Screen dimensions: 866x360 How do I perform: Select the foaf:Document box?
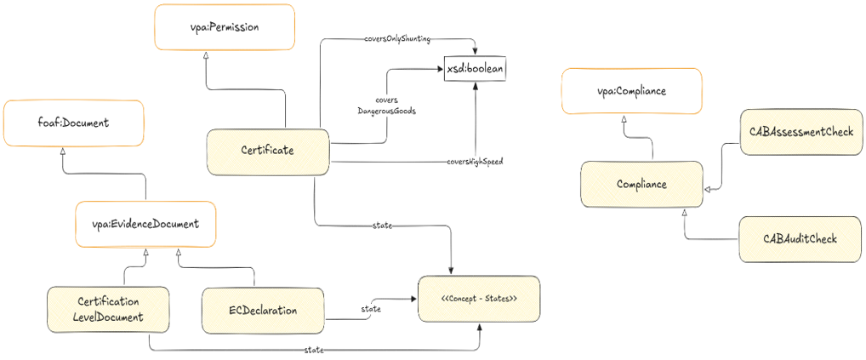[73, 123]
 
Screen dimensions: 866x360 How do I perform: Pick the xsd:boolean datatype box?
[475, 70]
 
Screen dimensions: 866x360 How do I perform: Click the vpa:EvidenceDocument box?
[145, 224]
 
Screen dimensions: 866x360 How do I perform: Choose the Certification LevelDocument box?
[108, 309]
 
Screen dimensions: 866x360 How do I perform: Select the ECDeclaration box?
[263, 311]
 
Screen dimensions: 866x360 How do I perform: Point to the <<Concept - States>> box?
[480, 300]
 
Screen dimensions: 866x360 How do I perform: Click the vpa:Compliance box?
[630, 92]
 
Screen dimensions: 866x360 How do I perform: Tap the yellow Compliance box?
[641, 185]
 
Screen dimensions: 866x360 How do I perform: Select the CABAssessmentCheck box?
[800, 132]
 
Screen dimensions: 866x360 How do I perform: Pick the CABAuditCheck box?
[800, 239]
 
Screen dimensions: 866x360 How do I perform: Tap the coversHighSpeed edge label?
[475, 162]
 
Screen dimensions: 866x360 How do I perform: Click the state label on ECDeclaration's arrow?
[371, 309]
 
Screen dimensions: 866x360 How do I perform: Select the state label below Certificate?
[383, 225]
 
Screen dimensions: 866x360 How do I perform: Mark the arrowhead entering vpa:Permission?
[206, 57]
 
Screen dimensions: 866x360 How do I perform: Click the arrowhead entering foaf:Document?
[64, 152]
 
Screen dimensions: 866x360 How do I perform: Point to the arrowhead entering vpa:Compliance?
[624, 120]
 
